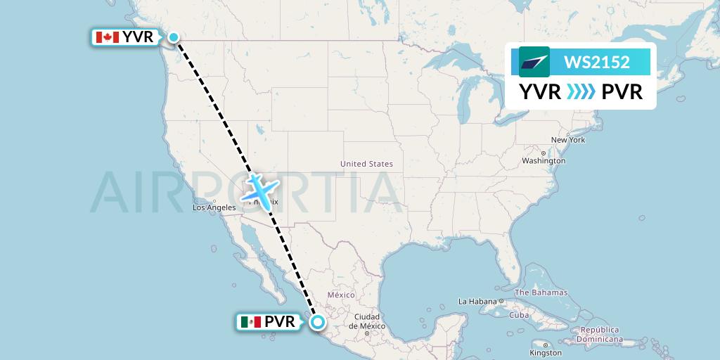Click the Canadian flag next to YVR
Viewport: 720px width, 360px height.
(107, 37)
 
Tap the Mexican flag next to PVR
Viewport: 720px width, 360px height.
(250, 322)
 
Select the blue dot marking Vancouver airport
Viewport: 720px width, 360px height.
(173, 37)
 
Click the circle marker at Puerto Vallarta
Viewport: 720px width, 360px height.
(319, 322)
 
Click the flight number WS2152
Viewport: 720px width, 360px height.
(597, 63)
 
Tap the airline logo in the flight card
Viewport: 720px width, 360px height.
(534, 62)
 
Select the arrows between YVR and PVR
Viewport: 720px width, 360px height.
(581, 91)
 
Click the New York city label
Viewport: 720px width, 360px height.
(568, 140)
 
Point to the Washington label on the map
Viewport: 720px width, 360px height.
(544, 160)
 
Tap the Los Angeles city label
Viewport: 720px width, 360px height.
(214, 207)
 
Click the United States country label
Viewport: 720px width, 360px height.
(366, 164)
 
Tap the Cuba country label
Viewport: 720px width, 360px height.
(519, 314)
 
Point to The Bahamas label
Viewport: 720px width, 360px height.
(541, 292)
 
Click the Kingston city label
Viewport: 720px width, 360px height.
(546, 352)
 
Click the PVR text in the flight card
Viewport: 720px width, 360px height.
(622, 91)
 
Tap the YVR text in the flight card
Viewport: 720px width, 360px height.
(540, 91)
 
